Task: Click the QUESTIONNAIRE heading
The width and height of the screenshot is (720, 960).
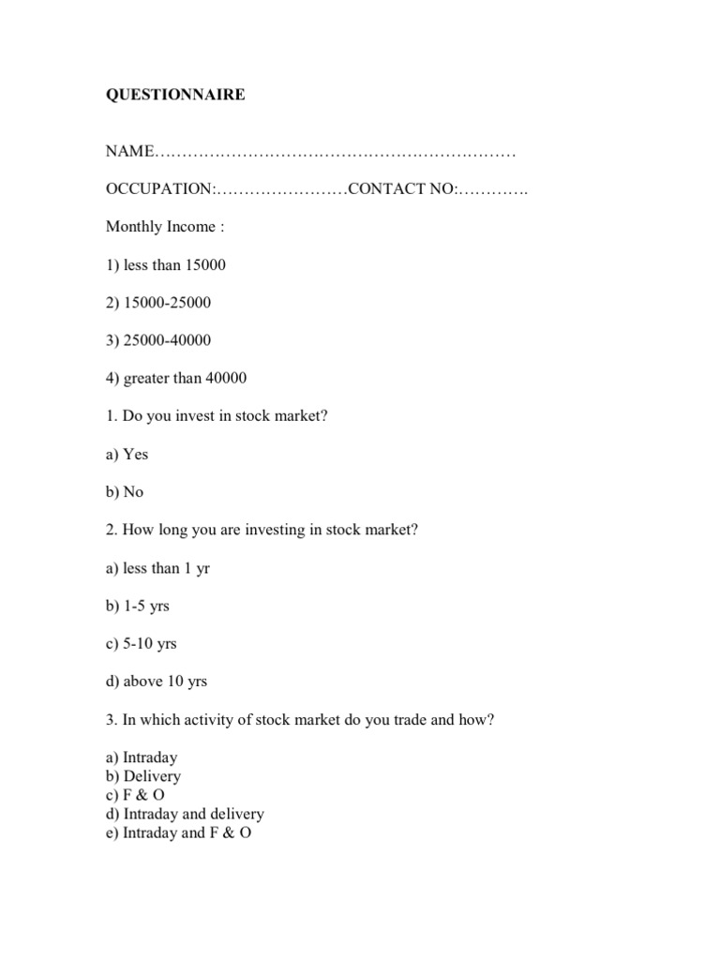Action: click(x=175, y=95)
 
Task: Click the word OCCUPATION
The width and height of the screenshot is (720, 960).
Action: click(x=159, y=189)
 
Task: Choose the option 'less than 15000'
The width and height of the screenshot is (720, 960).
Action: click(x=166, y=265)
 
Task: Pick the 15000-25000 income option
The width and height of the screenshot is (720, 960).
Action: click(x=158, y=303)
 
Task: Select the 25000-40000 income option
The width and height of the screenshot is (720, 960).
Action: click(x=158, y=340)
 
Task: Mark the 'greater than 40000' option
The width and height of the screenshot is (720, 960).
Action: click(x=176, y=379)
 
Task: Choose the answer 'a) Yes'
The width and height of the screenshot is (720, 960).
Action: click(x=127, y=454)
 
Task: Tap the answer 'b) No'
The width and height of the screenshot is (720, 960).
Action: click(x=125, y=492)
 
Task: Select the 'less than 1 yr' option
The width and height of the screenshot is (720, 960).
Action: click(x=157, y=568)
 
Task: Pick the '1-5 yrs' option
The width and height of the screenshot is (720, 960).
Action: click(x=138, y=606)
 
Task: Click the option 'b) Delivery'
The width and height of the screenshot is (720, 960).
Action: click(x=143, y=776)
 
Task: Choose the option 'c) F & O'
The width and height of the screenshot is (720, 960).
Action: click(x=136, y=795)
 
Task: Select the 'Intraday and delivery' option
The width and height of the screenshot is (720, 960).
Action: click(x=185, y=814)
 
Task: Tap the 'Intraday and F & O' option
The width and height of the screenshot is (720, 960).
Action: click(x=179, y=832)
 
